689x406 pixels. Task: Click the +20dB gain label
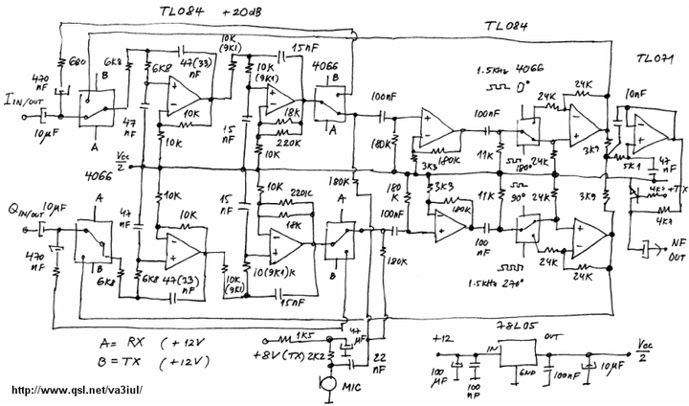tap(248, 12)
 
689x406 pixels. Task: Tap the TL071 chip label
tap(656, 59)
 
